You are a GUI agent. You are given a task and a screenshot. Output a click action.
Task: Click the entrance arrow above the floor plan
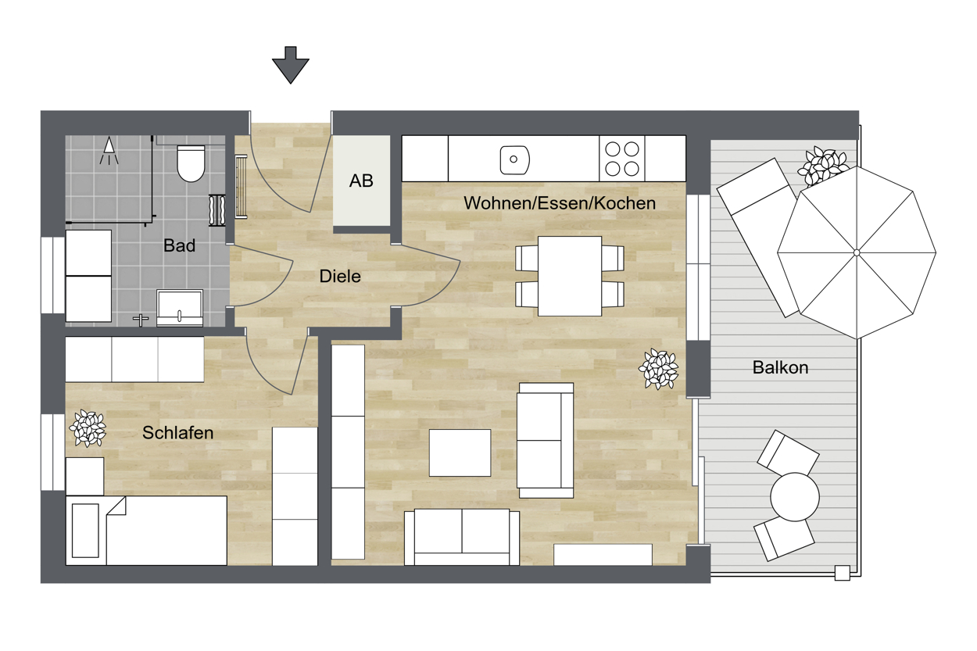click(291, 65)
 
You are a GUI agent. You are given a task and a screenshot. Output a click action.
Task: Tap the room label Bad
click(179, 245)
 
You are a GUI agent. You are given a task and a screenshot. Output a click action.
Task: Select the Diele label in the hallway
click(340, 276)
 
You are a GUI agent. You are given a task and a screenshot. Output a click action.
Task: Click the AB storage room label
click(361, 181)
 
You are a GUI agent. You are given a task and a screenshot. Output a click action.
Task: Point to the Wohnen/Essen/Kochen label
click(560, 203)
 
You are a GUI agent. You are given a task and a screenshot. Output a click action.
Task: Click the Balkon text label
click(780, 367)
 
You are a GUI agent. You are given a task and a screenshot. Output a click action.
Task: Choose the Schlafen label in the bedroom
click(178, 432)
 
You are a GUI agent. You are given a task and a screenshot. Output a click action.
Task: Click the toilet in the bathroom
click(191, 163)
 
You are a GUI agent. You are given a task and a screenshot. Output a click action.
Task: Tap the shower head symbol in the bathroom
click(109, 151)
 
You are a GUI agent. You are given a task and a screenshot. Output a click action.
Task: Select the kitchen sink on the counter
click(514, 159)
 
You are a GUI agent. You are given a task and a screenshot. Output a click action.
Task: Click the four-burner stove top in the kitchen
click(622, 159)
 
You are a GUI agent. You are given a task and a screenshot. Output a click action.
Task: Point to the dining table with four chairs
click(570, 276)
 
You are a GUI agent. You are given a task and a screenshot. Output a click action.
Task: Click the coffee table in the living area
click(460, 452)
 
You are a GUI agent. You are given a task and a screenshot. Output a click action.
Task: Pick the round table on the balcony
click(795, 496)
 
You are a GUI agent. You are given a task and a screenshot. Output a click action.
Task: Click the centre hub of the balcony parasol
click(857, 253)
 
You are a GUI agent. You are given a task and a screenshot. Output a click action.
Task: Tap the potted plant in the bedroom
click(88, 428)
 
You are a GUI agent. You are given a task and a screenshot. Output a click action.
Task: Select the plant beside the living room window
click(658, 369)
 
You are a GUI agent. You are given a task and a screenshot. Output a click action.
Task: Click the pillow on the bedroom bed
click(85, 531)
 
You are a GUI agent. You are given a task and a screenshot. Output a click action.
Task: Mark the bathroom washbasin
click(180, 307)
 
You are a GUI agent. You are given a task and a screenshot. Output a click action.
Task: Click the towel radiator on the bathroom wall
click(217, 210)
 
